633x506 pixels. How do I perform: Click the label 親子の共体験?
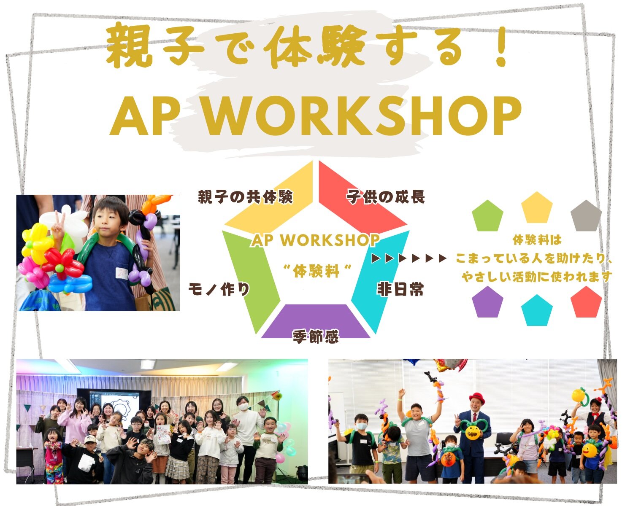[245, 196]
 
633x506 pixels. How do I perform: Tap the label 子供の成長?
[386, 196]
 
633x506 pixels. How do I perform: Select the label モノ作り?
[219, 289]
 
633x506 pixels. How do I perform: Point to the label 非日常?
[400, 289]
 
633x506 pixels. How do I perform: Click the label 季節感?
[316, 336]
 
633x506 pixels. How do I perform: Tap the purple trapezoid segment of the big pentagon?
[316, 321]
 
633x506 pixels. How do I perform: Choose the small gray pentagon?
[586, 216]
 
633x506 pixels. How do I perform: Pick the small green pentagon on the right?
[487, 216]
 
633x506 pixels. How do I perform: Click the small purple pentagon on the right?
[487, 302]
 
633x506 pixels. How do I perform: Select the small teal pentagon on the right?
[537, 310]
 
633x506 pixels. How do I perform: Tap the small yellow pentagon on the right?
[537, 207]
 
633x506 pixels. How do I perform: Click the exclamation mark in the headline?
[500, 47]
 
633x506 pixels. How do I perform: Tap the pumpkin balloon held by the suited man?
[473, 432]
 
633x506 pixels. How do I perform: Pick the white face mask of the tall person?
[243, 407]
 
